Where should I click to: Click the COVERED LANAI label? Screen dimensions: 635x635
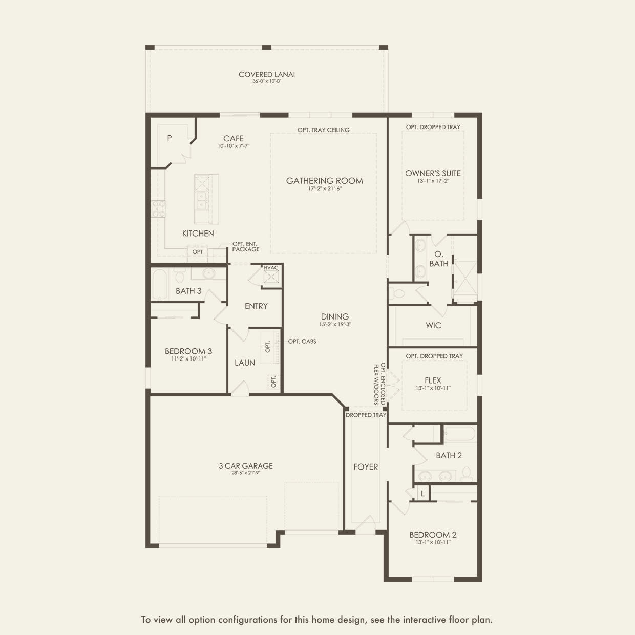click(x=266, y=75)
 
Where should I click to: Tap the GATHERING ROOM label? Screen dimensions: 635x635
click(x=324, y=181)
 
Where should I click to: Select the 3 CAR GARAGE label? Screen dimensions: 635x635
click(x=246, y=466)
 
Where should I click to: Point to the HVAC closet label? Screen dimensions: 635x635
click(x=271, y=268)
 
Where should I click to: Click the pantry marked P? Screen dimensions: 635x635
click(x=170, y=138)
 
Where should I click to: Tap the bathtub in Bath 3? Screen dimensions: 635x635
click(x=159, y=285)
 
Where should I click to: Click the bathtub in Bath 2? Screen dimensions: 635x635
click(x=460, y=434)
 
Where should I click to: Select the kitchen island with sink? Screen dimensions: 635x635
click(x=206, y=199)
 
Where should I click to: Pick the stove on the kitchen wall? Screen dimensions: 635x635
click(x=158, y=209)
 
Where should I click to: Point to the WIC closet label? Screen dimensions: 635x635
click(x=433, y=325)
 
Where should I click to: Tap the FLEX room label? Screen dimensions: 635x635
click(x=433, y=380)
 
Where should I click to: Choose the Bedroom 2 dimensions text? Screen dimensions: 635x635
click(x=433, y=542)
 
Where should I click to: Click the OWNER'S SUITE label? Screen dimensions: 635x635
click(x=433, y=173)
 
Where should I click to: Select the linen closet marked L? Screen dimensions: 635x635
click(x=422, y=494)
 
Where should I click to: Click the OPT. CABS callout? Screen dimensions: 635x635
click(x=302, y=341)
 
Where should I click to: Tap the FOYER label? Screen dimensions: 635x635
click(x=366, y=467)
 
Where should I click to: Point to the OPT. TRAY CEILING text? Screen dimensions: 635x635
click(x=323, y=130)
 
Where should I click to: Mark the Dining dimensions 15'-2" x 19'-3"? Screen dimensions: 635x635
click(x=335, y=324)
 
